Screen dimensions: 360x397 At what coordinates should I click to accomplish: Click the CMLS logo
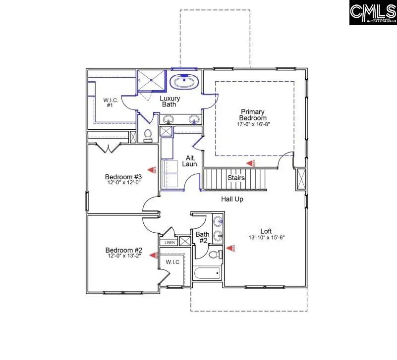[x=373, y=13]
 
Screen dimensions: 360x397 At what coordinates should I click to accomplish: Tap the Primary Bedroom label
[x=253, y=115]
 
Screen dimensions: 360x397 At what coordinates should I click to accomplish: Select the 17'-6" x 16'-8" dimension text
[x=253, y=125]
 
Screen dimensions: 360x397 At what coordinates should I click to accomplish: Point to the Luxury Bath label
[x=170, y=102]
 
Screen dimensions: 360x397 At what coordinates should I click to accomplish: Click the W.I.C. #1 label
[x=110, y=103]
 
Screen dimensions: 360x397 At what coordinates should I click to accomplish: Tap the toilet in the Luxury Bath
[x=148, y=135]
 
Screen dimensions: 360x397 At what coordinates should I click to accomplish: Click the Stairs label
[x=236, y=178]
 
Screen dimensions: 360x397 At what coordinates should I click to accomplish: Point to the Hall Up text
[x=232, y=199]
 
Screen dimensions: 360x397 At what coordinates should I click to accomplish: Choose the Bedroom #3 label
[x=123, y=177]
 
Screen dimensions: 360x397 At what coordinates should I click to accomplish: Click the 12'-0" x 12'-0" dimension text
[x=123, y=183]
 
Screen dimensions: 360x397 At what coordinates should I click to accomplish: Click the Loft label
[x=267, y=231]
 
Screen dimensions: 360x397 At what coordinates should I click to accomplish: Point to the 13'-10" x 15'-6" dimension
[x=267, y=237]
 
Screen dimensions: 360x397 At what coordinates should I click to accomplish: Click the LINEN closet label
[x=169, y=243]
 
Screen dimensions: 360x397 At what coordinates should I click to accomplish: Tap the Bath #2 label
[x=202, y=238]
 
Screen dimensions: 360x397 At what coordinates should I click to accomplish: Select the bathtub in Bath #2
[x=207, y=273]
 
